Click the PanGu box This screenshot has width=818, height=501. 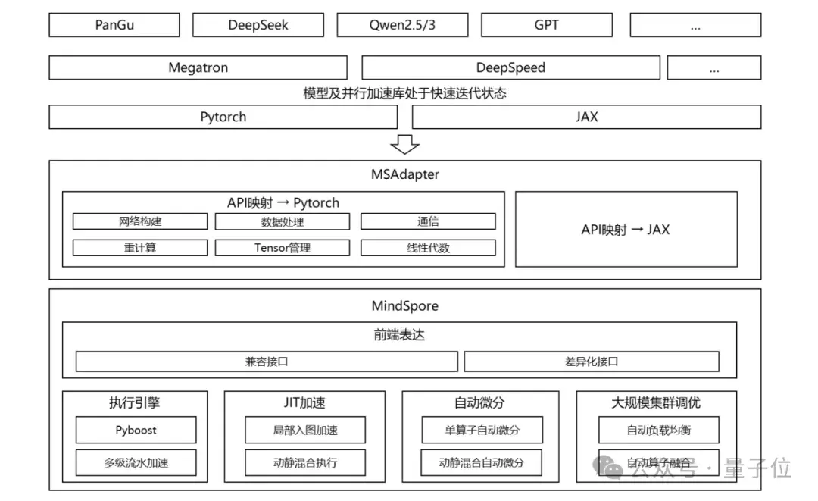coord(114,24)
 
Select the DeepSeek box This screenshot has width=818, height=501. coord(258,24)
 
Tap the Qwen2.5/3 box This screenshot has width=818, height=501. coord(402,24)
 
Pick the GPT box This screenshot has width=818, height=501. coord(546,24)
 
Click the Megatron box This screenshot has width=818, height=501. coord(198,67)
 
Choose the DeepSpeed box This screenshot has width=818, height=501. coord(510,67)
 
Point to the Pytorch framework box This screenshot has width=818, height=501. coord(223,117)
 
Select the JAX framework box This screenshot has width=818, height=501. coord(586,117)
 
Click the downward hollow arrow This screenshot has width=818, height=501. coord(405,143)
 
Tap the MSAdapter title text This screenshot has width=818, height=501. coord(405,174)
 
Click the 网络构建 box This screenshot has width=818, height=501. coord(140,221)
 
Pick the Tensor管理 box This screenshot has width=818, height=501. coord(283,248)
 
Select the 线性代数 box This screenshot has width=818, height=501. coord(428,248)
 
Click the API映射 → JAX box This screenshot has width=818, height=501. coord(626,229)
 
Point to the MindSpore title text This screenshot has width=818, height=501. coord(405,306)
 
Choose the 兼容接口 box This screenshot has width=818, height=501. coord(267,362)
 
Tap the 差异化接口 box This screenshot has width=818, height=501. coord(592,362)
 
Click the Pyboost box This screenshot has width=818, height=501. coord(136,430)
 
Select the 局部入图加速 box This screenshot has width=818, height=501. coord(305,430)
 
